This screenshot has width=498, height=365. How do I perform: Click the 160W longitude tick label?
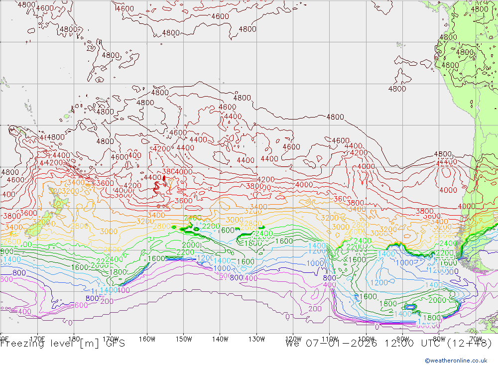(147, 339)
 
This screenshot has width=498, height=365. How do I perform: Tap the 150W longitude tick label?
(184, 339)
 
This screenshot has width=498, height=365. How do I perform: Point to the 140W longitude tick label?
(220, 339)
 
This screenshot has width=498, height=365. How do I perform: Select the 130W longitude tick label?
(256, 339)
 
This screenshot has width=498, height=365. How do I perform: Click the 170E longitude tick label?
(37, 339)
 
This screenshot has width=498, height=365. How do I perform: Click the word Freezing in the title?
(23, 343)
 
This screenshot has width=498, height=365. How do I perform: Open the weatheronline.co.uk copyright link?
(459, 360)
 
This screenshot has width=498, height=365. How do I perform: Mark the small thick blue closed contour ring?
(410, 307)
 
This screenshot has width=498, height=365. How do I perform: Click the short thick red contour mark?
(164, 178)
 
